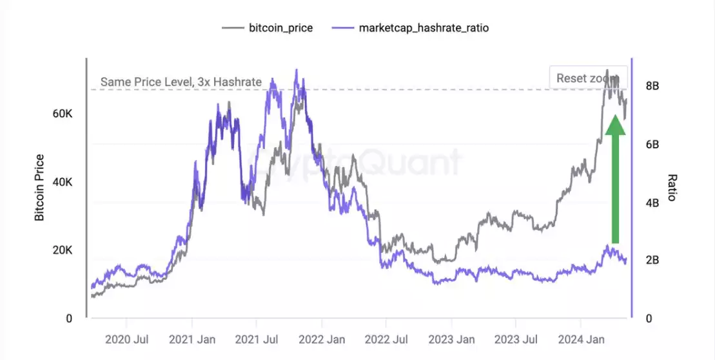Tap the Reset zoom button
click(587, 77)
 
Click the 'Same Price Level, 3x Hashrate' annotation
click(181, 82)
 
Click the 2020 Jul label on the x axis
click(126, 339)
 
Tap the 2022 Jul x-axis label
click(387, 339)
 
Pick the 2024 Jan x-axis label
click(581, 339)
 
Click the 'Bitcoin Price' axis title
click(40, 187)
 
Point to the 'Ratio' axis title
click(672, 187)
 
